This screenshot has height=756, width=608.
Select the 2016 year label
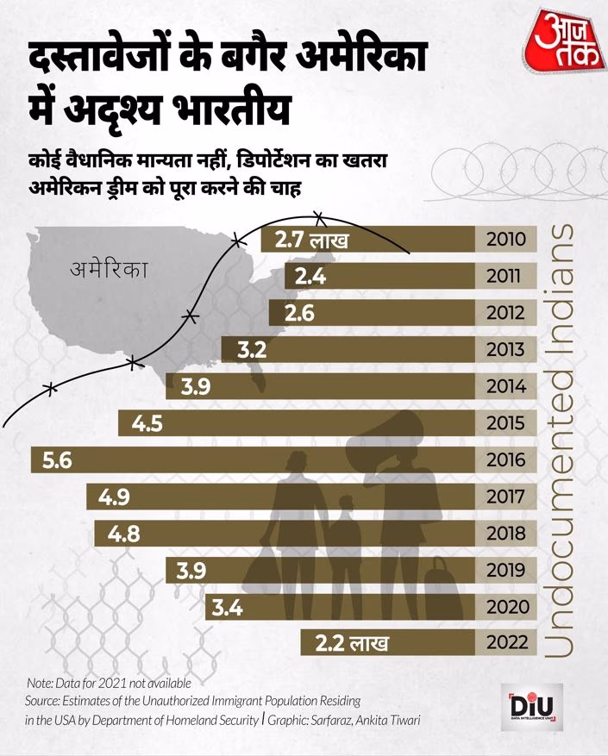(x=505, y=460)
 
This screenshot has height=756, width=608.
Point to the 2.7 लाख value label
(x=310, y=240)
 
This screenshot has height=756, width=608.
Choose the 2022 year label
(x=505, y=643)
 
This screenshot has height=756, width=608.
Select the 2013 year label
(x=505, y=350)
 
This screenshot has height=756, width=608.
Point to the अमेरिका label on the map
(x=109, y=269)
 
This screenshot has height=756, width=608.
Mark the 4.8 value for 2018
(x=124, y=534)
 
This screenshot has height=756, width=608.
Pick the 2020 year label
(x=505, y=607)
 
